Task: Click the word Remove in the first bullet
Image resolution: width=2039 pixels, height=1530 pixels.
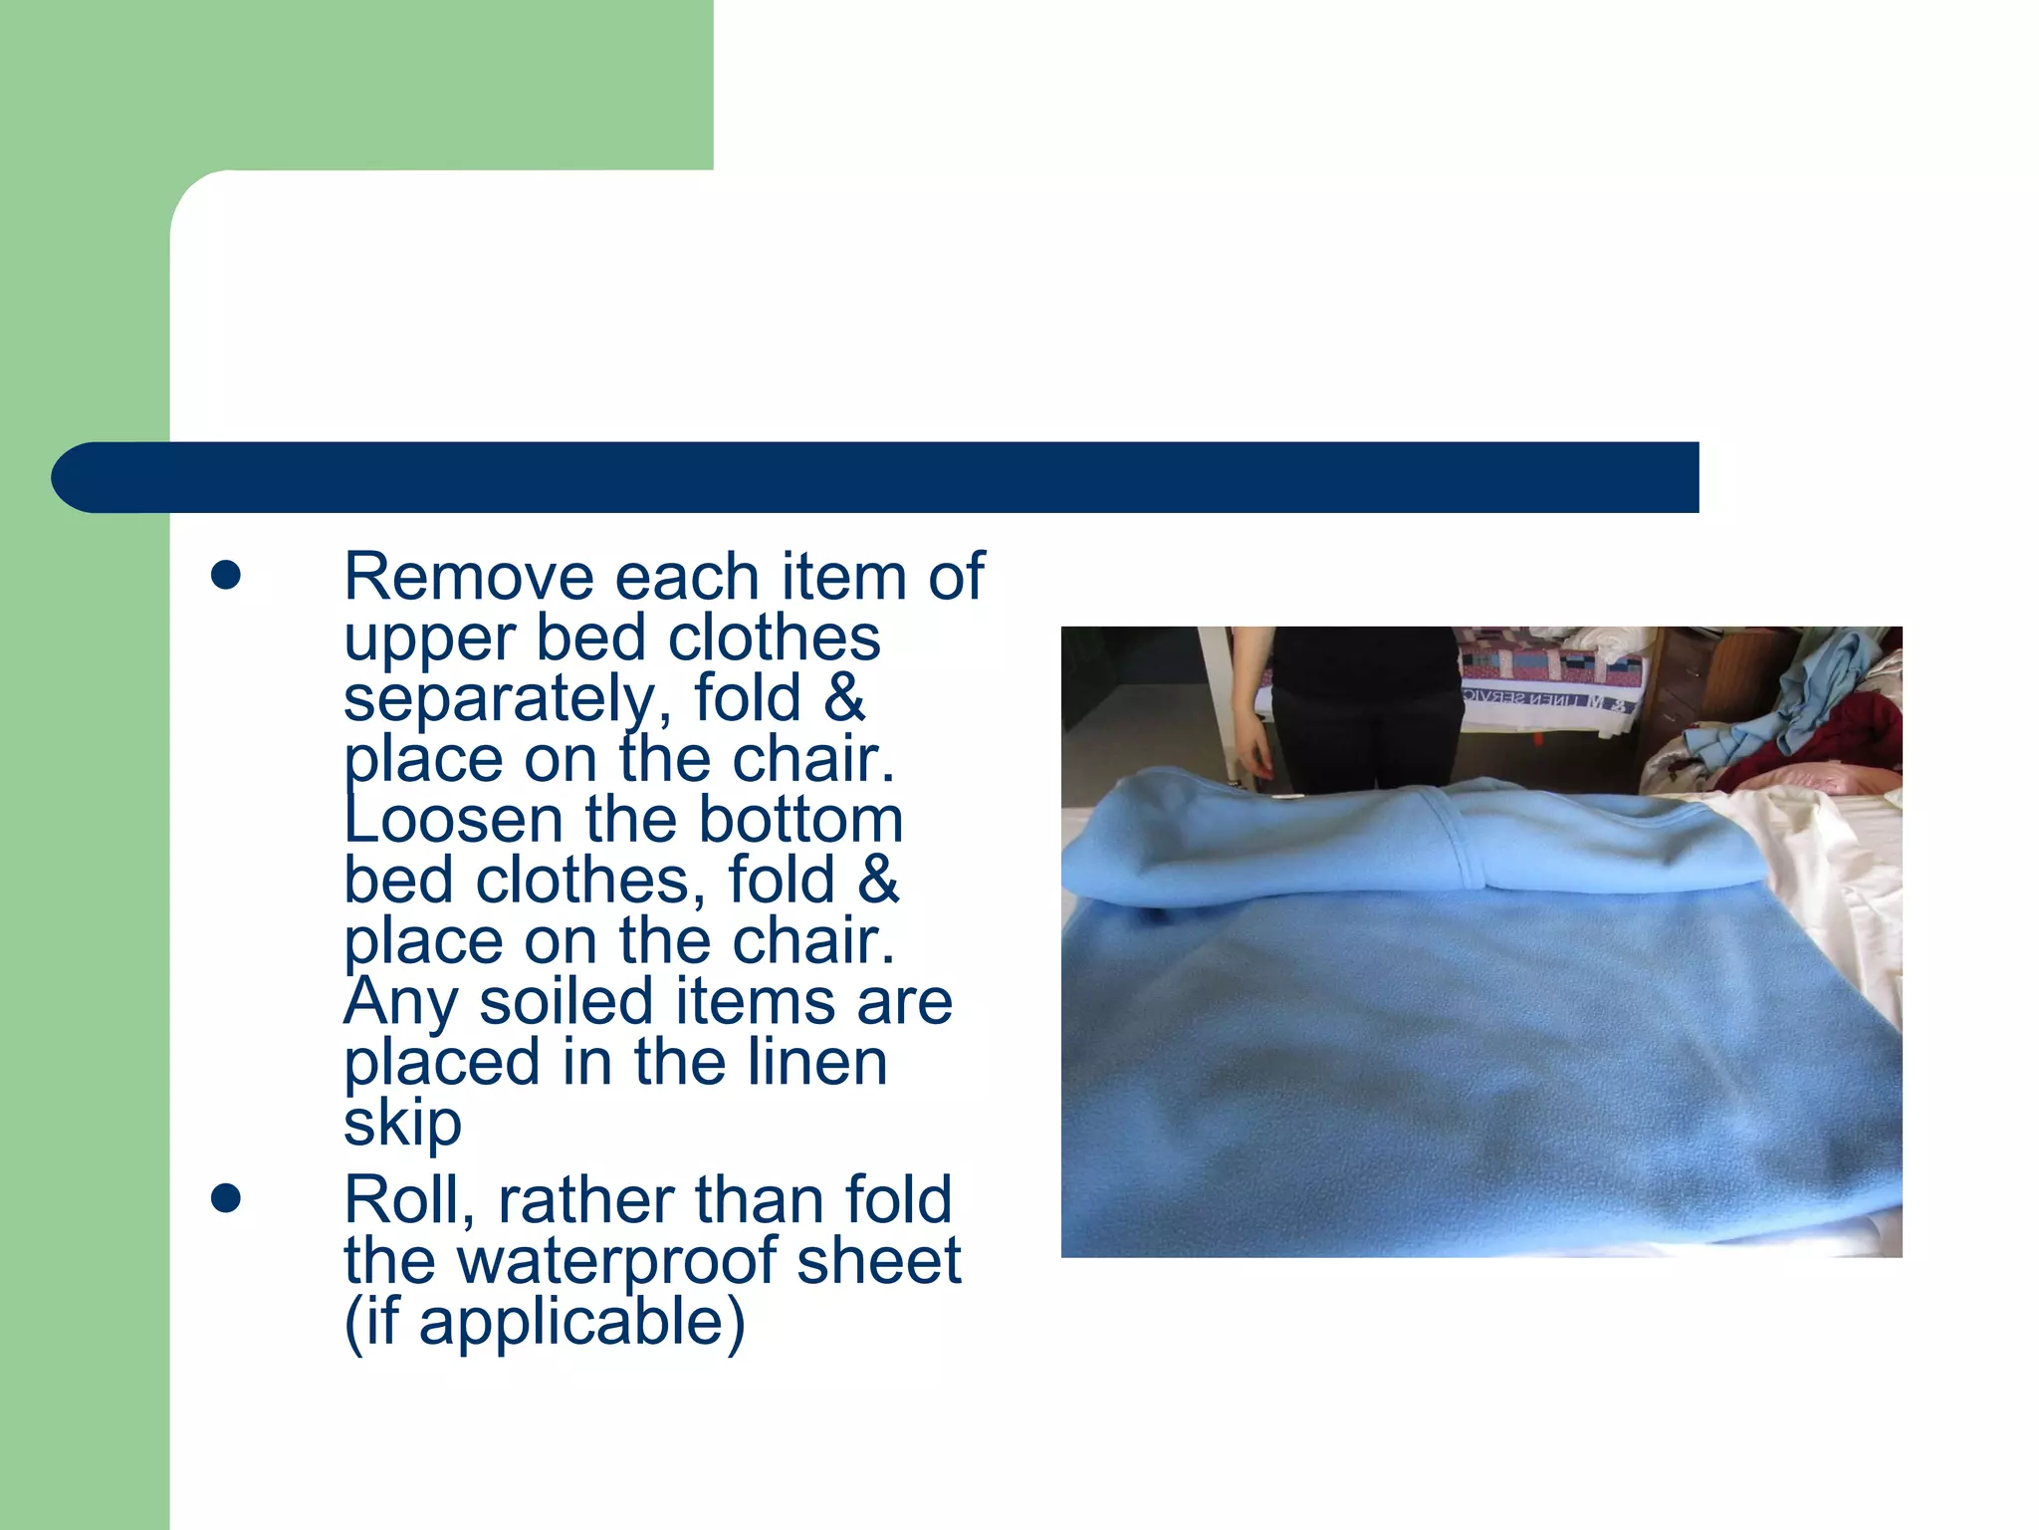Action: [471, 577]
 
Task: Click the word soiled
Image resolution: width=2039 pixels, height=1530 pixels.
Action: [566, 1002]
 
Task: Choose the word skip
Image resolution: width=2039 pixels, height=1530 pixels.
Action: [402, 1124]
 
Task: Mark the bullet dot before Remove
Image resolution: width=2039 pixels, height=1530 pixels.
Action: [226, 575]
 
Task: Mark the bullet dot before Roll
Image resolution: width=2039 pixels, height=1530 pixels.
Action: [226, 1198]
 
